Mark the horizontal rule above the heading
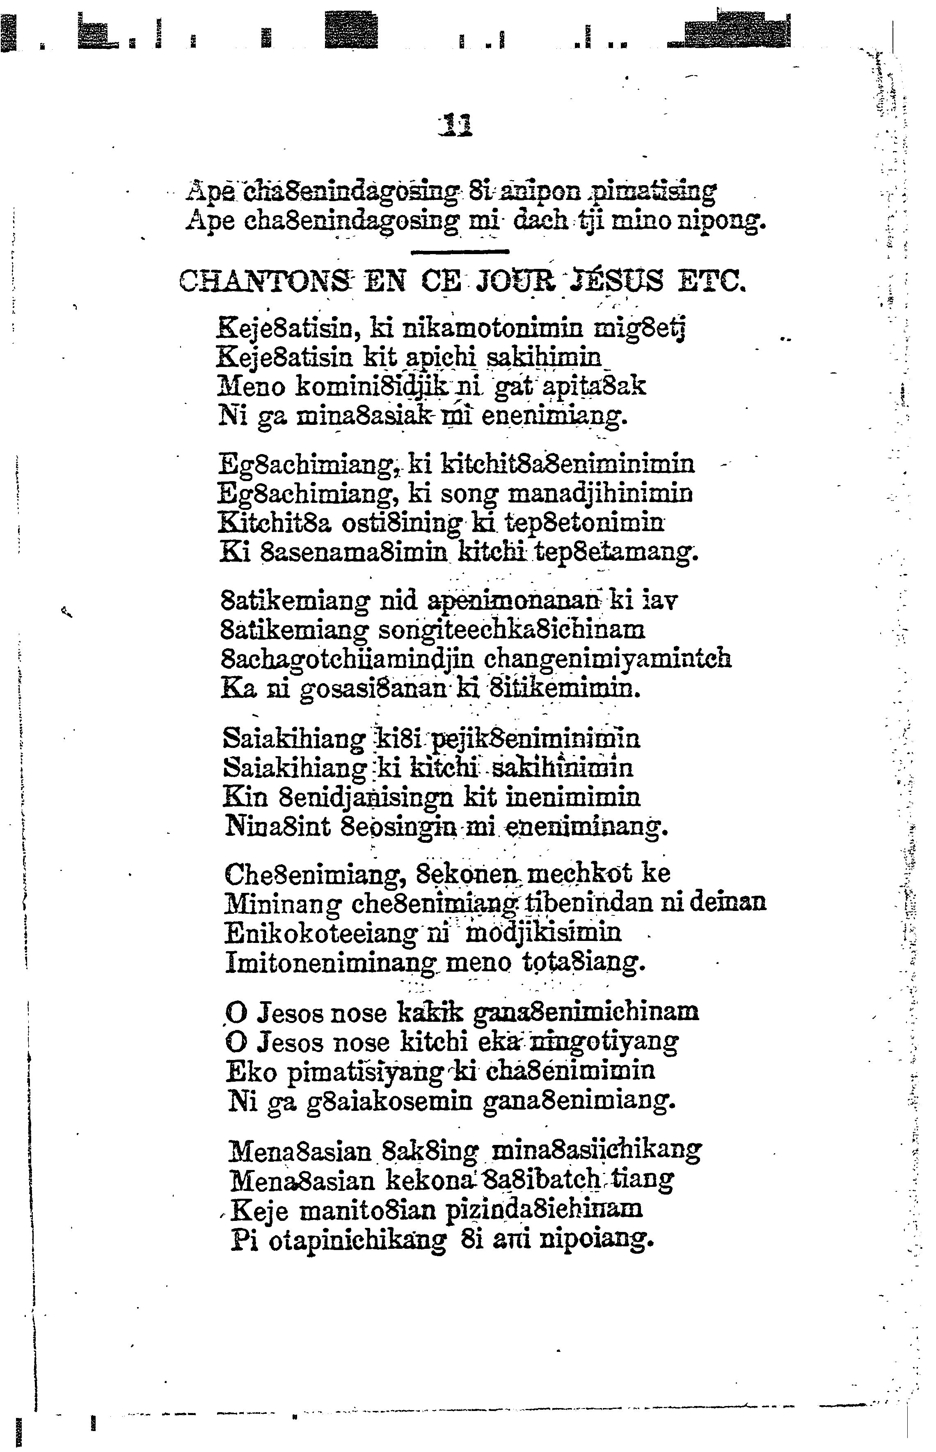pyautogui.click(x=460, y=250)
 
